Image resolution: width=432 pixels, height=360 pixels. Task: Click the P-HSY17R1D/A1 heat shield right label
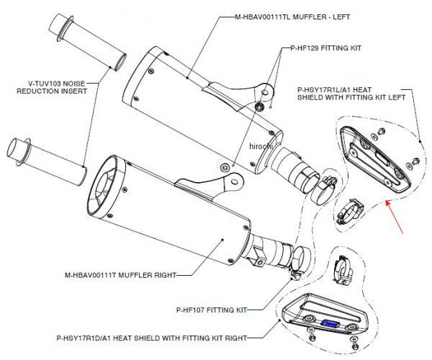point(151,337)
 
